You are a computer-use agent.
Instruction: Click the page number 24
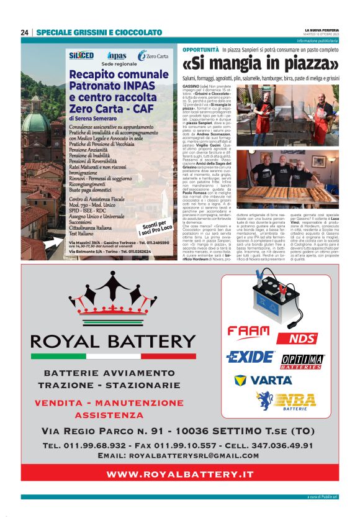pyautogui.click(x=25, y=32)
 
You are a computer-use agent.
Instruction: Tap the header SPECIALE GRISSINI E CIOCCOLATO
pyautogui.click(x=99, y=32)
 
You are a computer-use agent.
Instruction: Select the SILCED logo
pyautogui.click(x=81, y=55)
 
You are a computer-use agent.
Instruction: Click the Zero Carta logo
pyautogui.click(x=153, y=56)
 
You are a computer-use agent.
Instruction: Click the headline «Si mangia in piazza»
pyautogui.click(x=261, y=64)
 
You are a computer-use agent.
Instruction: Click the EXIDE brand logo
pyautogui.click(x=250, y=357)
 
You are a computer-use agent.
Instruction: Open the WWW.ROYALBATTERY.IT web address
pyautogui.click(x=180, y=474)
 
